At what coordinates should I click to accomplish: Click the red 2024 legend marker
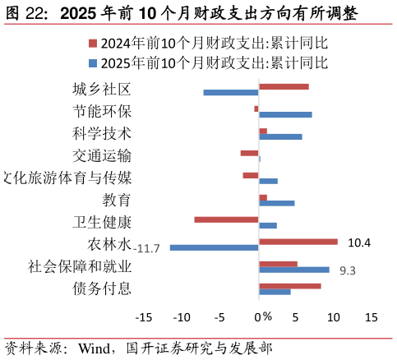point(93,44)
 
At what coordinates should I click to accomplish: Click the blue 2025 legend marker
point(93,62)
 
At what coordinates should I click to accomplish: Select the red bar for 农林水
point(298,242)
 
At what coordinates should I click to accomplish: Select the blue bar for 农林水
point(214,247)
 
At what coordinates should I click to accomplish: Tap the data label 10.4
point(359,242)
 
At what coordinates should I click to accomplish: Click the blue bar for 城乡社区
point(231,92)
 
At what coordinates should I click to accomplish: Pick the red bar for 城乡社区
point(284,86)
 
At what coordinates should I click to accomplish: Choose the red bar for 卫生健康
point(226,219)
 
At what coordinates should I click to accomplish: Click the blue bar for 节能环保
point(285,114)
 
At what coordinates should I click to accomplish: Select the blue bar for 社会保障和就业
point(293,270)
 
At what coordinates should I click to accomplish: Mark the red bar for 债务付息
point(289,286)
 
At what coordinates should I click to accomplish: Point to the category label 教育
point(116,200)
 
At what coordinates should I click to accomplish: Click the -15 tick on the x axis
point(144,317)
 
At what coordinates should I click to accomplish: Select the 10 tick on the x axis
point(334,317)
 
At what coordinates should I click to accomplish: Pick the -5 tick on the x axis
point(219,317)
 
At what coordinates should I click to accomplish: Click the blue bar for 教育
point(276,203)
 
